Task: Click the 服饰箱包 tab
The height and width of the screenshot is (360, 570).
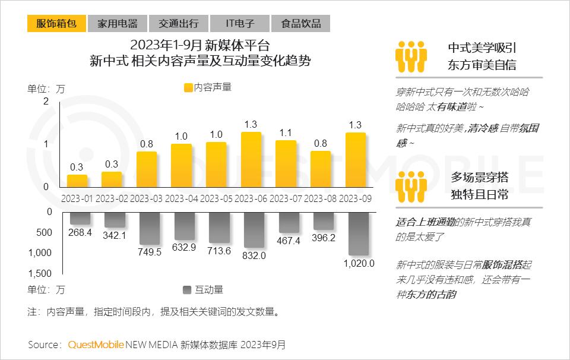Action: click(56, 23)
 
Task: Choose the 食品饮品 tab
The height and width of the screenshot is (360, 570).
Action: click(300, 23)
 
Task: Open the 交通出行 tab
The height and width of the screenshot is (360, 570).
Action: click(178, 23)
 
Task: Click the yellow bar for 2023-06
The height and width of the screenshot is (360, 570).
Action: click(251, 159)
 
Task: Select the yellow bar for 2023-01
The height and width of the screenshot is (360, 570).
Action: click(77, 181)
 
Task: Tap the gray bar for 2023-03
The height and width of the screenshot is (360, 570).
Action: click(148, 228)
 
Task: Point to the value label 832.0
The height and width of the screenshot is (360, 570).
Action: click(254, 256)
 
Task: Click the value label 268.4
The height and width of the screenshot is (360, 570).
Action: click(80, 233)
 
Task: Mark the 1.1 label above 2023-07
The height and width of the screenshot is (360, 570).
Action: click(286, 132)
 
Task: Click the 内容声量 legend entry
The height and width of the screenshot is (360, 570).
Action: click(208, 87)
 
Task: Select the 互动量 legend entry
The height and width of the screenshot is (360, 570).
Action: click(203, 290)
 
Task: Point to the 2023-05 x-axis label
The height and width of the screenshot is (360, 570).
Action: click(217, 198)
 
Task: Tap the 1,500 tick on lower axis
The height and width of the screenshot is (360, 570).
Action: click(40, 273)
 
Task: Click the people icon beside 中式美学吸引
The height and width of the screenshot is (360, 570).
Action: click(411, 57)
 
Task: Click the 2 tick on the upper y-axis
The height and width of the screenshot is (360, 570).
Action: click(46, 102)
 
